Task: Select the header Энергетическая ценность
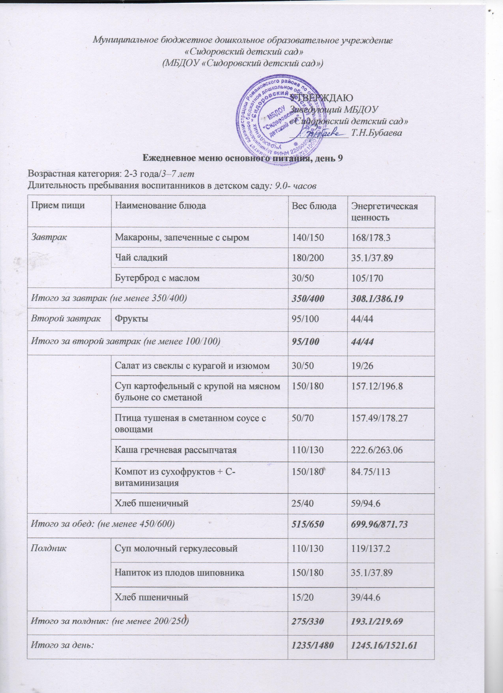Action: click(x=384, y=211)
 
